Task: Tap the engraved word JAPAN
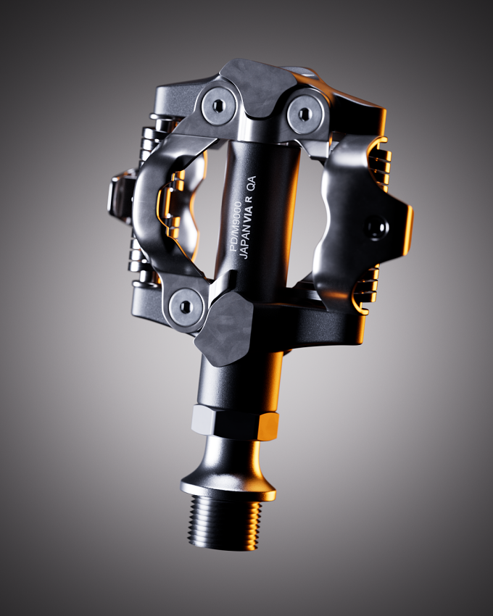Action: (244, 245)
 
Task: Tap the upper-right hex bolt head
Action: (303, 114)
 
